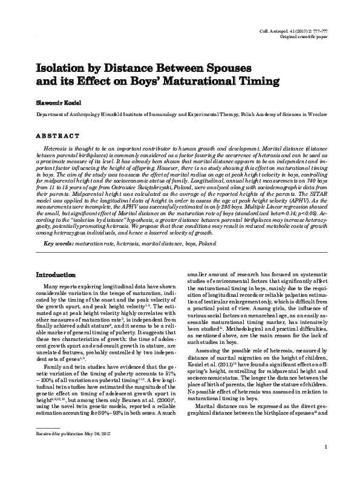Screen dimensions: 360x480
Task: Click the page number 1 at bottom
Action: coord(326,464)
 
